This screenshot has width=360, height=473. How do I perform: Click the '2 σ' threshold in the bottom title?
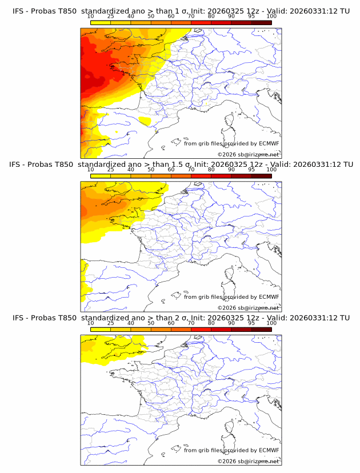[x=183, y=318]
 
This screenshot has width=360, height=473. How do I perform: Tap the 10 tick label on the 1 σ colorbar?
[x=90, y=16]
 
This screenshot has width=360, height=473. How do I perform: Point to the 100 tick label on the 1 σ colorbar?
[x=271, y=16]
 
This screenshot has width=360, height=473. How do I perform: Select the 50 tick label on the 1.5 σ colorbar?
[x=151, y=170]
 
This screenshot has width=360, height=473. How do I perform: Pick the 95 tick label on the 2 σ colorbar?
[x=251, y=323]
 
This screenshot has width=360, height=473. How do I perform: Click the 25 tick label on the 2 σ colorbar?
[x=110, y=323]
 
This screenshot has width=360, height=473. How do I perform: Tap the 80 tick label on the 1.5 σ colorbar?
[x=211, y=170]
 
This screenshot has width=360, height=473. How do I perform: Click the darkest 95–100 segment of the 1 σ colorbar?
[x=261, y=22]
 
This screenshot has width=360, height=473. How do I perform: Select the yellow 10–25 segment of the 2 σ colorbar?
[x=101, y=329]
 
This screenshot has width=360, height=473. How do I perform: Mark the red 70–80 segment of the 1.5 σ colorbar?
[x=201, y=175]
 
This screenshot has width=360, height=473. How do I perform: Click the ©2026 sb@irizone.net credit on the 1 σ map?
[x=248, y=154]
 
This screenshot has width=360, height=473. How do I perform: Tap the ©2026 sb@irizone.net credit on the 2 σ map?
[x=248, y=461]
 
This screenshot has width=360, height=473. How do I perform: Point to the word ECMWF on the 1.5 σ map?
[x=269, y=296]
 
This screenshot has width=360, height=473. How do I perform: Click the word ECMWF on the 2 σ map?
[x=269, y=450]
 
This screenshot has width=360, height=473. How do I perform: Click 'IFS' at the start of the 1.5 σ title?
[x=18, y=164]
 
